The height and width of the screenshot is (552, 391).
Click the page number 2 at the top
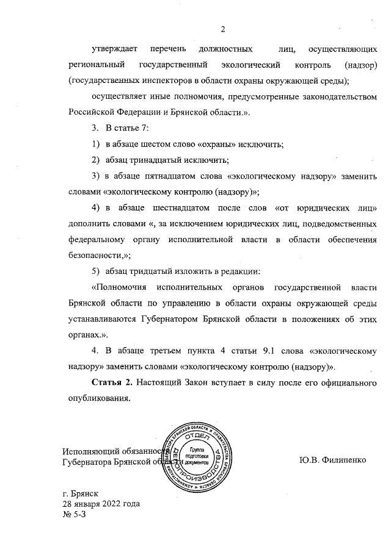(x=224, y=29)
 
